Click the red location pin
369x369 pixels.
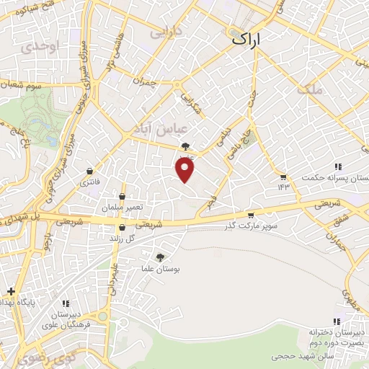pyautogui.click(x=185, y=169)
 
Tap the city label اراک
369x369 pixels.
pyautogui.click(x=249, y=42)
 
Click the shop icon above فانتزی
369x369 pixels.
pyautogui.click(x=89, y=172)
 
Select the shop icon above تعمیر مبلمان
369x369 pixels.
pyautogui.click(x=122, y=196)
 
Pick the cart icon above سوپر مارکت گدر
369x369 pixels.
pyautogui.click(x=250, y=215)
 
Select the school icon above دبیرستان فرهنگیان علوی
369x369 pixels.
pyautogui.click(x=66, y=303)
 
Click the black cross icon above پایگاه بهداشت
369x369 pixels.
pyautogui.click(x=11, y=291)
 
